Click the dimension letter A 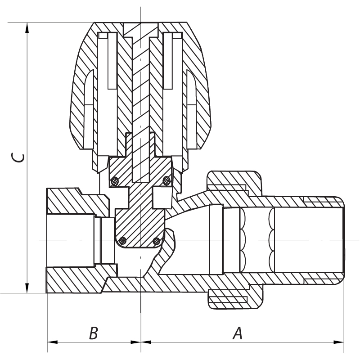237,333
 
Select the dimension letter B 93,333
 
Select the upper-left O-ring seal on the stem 115,181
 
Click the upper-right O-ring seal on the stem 166,181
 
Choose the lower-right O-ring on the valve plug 157,241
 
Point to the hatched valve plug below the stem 139,225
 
